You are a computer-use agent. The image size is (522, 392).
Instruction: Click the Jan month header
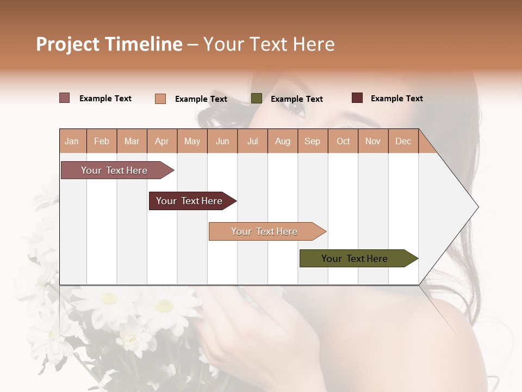pos(72,141)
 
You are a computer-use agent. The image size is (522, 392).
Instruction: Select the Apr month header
pos(161,141)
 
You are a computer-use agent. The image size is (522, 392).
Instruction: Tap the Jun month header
pos(222,141)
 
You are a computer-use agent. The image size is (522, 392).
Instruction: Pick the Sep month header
pos(312,141)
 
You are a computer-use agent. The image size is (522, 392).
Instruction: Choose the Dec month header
pos(403,141)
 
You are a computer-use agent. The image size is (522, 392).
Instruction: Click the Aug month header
pos(282,141)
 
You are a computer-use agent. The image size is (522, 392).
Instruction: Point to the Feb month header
pos(102,141)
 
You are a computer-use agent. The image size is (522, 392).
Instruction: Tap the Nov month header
pos(372,141)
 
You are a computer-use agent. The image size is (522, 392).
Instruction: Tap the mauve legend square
pos(64,98)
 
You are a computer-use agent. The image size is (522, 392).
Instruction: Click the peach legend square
pos(160,99)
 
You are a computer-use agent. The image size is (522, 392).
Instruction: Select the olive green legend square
pos(257,99)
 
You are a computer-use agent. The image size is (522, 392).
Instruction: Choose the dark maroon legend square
pos(357,98)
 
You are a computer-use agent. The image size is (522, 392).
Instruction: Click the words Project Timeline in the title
pos(109,44)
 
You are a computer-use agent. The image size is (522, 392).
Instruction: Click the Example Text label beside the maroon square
pos(396,99)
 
